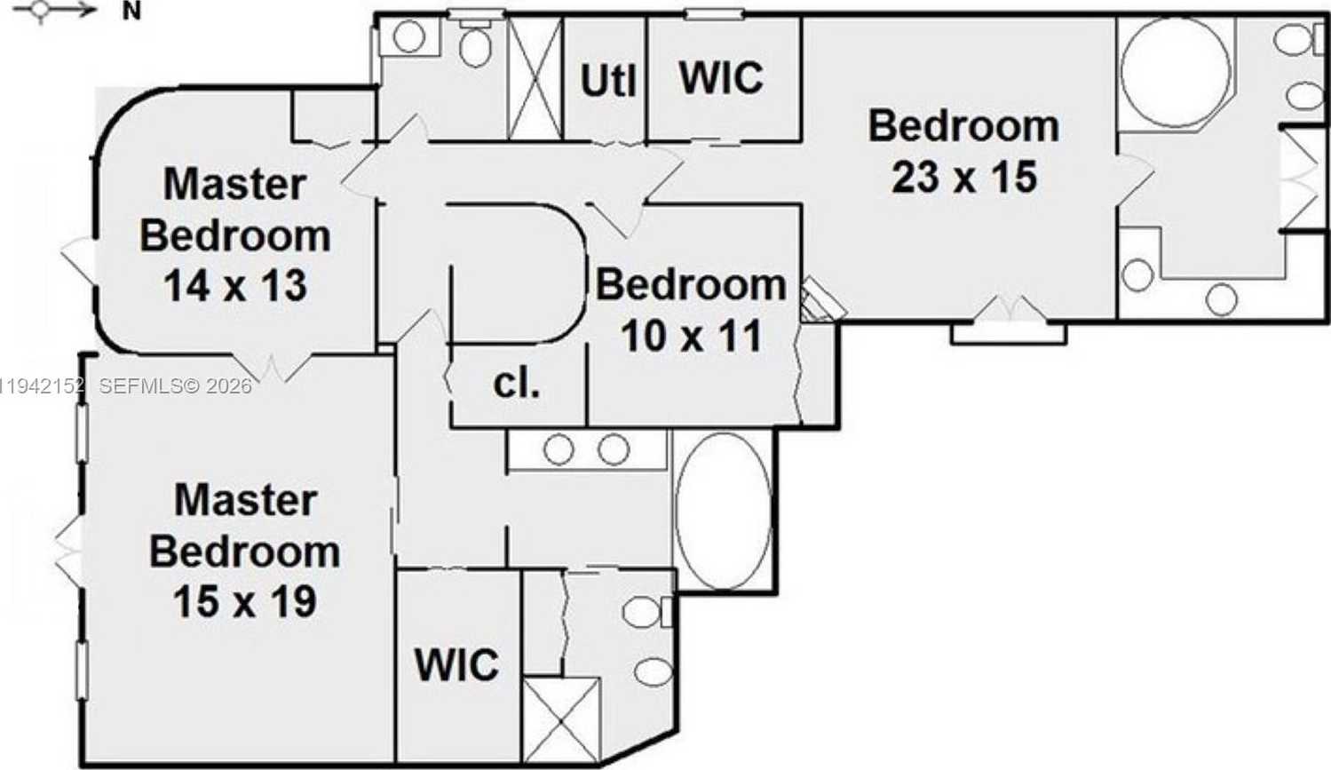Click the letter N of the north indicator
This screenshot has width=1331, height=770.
tap(131, 12)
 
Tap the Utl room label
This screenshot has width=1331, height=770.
tap(608, 81)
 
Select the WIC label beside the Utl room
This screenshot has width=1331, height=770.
tap(721, 78)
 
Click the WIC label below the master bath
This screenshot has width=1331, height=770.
tap(456, 665)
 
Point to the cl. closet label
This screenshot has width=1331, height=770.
tap(516, 384)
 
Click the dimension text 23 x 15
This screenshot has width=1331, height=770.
tap(964, 177)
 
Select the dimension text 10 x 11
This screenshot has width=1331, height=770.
tap(691, 336)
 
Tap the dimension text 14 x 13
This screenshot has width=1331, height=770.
tap(235, 286)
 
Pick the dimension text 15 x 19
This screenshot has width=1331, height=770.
tap(244, 602)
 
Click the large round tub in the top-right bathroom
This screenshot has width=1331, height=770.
tap(1176, 71)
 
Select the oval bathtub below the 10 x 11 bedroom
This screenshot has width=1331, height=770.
tap(723, 511)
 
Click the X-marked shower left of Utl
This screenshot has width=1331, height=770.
tap(535, 78)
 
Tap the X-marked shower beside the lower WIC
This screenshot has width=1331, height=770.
tap(561, 718)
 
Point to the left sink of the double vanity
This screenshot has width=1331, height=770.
tap(559, 449)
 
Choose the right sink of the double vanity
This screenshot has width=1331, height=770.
tap(614, 449)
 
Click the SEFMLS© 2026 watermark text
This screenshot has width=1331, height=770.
tap(175, 386)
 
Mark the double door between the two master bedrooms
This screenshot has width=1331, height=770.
tap(273, 365)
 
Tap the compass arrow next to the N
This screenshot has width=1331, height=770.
tap(62, 11)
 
